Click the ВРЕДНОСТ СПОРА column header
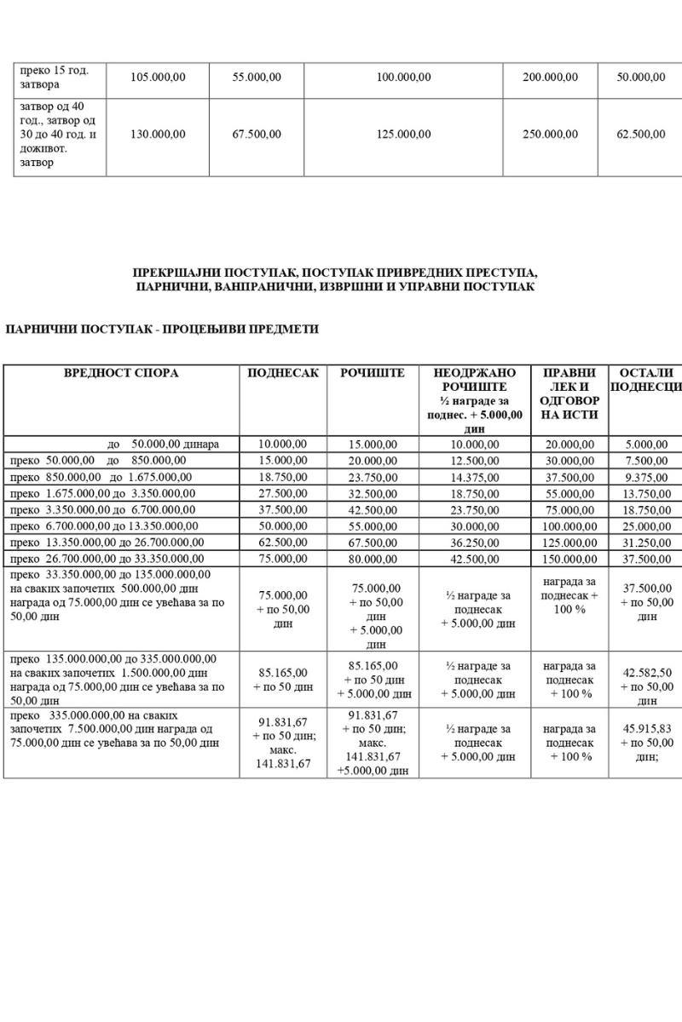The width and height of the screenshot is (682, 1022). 122,373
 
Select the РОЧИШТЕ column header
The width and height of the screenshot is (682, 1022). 373,373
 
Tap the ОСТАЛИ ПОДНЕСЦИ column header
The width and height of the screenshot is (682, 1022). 645,381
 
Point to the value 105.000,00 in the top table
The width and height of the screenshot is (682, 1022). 158,77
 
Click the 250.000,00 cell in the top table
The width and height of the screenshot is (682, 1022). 550,134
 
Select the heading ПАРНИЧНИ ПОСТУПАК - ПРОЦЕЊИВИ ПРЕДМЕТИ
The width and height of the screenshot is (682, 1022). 162,330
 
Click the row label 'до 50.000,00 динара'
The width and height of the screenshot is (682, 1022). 164,444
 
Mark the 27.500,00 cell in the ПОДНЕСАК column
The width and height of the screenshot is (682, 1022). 282,493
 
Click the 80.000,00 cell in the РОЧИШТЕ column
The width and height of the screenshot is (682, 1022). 373,560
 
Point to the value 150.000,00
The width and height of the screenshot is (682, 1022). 569,560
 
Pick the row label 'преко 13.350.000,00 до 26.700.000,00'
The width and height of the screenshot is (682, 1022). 107,543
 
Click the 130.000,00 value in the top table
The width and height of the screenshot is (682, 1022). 158,134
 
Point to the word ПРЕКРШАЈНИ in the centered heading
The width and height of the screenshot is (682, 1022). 176,273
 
